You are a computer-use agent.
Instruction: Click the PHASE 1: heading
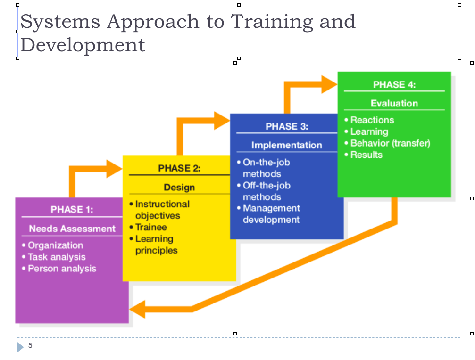coord(72,209)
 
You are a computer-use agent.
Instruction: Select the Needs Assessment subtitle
coord(72,229)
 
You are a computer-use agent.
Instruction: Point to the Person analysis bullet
coord(59,268)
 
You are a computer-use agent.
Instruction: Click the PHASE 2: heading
coord(179,168)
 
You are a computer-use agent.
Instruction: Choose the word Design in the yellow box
coord(179,187)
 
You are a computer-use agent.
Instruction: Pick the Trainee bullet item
coord(148,227)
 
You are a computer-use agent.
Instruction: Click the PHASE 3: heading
coord(287,126)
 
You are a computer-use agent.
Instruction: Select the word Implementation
coord(287,145)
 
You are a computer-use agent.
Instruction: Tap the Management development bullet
coord(268,214)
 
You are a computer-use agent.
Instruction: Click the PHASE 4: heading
coord(394,84)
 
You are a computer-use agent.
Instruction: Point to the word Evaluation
coord(394,104)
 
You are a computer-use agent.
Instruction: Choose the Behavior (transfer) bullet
coord(387,143)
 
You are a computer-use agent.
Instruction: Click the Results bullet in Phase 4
coord(364,155)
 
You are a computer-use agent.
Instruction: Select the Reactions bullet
coord(369,120)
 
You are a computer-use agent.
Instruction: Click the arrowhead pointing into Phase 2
coord(115,169)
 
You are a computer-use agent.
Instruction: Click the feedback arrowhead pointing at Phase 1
coord(137,309)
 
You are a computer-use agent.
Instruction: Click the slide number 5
coord(30,345)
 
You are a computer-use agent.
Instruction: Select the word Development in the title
coord(83,45)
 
